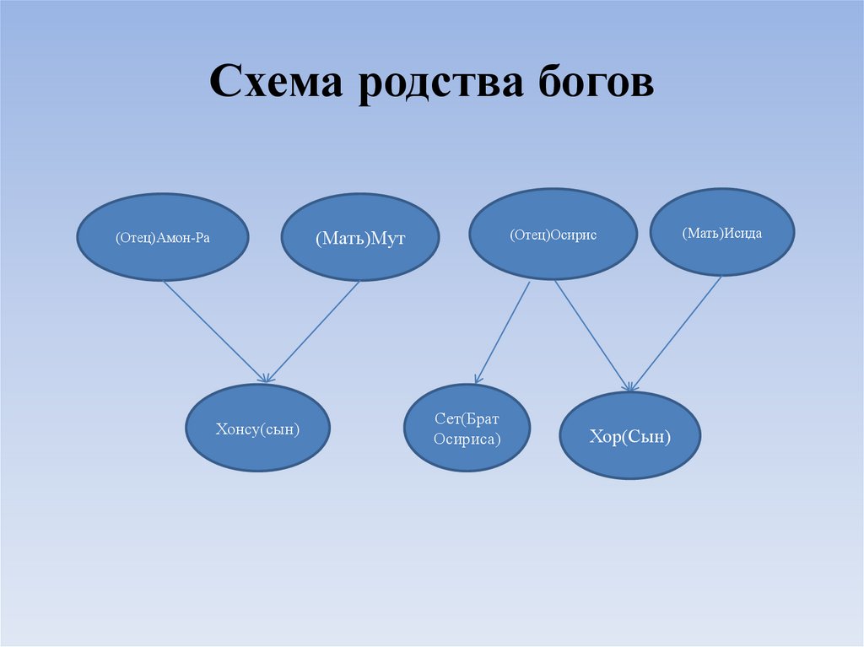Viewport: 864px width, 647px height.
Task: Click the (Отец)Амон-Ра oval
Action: [163, 238]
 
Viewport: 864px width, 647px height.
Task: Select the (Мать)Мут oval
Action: [360, 239]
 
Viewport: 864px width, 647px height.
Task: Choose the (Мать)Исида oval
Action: [722, 232]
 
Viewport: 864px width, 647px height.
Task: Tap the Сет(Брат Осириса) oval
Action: [467, 429]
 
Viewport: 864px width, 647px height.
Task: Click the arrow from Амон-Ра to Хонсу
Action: [214, 330]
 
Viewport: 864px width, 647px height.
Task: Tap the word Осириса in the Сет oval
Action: [467, 439]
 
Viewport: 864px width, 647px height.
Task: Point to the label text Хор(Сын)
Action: [629, 437]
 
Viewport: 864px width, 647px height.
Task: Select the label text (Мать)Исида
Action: [722, 233]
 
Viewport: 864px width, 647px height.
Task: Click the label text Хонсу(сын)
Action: [258, 429]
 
